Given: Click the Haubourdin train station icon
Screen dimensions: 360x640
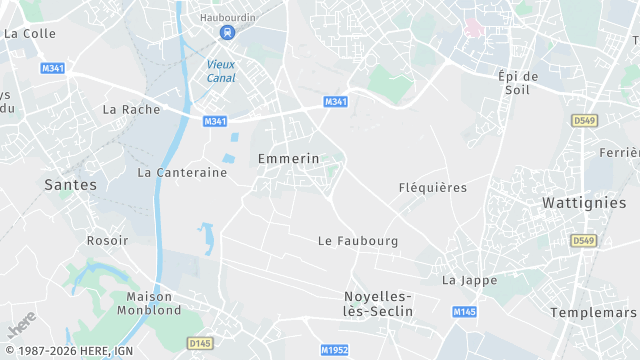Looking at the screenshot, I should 228,33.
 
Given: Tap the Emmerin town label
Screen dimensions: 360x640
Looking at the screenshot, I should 288,158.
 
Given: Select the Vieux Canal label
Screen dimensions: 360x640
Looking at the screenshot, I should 221,71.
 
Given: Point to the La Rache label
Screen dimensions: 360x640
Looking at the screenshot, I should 131,109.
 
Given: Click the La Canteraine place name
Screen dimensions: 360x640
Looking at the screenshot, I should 182,172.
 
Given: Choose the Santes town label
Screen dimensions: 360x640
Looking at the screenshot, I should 71,185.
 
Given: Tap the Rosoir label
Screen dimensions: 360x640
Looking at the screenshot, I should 107,240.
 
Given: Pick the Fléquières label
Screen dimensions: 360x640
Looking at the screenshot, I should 433,187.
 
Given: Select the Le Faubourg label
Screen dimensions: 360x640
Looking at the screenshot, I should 358,241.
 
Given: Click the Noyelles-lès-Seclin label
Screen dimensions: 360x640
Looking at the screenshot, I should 378,304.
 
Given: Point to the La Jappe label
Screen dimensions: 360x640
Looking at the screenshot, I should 470,280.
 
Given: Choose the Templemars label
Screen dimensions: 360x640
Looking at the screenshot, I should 594,312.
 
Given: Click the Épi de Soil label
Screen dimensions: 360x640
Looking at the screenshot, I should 518,84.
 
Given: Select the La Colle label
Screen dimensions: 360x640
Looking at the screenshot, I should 30,33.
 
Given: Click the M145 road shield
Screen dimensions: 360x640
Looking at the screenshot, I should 464,313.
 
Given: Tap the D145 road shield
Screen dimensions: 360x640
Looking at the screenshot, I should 200,343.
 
